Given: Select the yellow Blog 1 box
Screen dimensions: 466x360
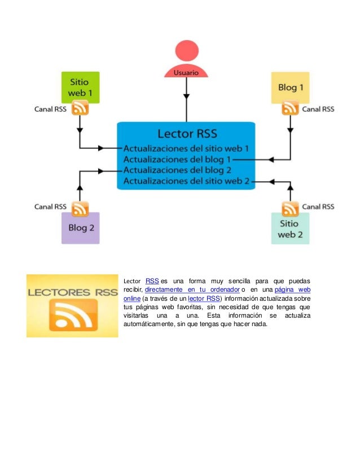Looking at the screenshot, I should (x=290, y=87).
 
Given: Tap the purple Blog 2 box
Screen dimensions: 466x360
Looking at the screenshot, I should (x=80, y=228).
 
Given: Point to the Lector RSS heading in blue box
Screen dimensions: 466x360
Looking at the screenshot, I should (x=186, y=134).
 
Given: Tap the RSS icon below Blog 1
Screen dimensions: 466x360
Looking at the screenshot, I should (x=290, y=109).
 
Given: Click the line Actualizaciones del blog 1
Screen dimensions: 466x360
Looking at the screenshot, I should (x=178, y=160).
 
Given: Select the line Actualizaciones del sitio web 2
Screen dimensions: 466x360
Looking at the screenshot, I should (x=186, y=181).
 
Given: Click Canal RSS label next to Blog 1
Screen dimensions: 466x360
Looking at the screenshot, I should (x=318, y=109).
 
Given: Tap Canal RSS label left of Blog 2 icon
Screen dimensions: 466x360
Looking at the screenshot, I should (x=51, y=207).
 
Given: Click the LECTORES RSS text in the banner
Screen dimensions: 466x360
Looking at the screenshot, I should (x=72, y=293).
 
